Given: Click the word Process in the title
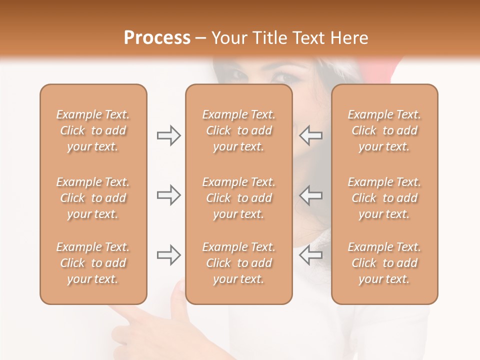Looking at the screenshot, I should (157, 38).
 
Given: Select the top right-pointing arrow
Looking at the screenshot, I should (168, 135).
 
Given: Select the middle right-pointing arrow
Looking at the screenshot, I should (168, 195).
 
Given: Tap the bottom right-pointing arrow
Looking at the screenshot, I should (168, 255).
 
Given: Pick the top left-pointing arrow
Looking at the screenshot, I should (311, 135).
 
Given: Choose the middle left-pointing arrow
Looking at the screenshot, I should (311, 195).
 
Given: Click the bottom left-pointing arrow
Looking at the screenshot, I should (311, 255).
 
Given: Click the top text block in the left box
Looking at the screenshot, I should (93, 130).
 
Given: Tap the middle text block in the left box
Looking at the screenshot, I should (93, 198).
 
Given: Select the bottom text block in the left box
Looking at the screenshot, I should (93, 263).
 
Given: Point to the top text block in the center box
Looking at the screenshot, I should (238, 130).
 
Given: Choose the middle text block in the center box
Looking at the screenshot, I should (238, 198).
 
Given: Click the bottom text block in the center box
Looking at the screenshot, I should (238, 263).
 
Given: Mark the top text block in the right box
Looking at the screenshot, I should (384, 130).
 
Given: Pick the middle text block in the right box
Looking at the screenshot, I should (384, 198).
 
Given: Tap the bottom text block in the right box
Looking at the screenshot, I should (384, 263).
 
